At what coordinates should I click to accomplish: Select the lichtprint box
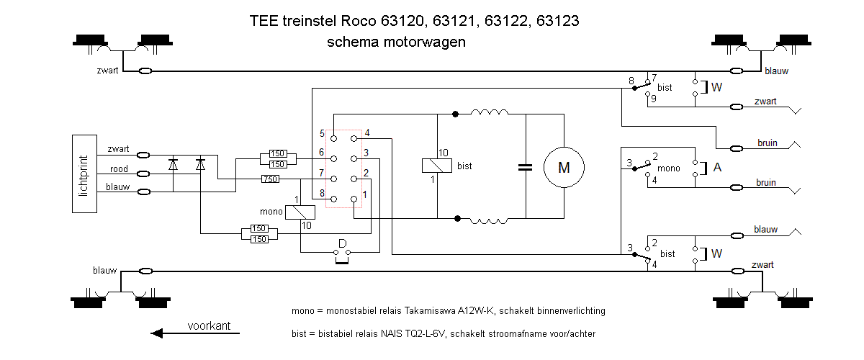tap(86, 174)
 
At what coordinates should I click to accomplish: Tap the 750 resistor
tap(271, 179)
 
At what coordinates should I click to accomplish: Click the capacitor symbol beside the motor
tap(526, 168)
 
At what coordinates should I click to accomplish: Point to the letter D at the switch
tap(342, 242)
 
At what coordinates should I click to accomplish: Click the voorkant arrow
tap(194, 333)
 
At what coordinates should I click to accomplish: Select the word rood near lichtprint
tap(119, 169)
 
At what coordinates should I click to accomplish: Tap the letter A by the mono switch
tap(717, 166)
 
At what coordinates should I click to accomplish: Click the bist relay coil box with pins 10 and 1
tap(437, 166)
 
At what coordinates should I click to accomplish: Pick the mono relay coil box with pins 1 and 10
tap(300, 212)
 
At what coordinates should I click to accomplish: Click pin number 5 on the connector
tap(323, 134)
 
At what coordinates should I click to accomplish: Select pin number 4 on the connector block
tap(367, 132)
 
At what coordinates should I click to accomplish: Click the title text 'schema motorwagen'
tap(396, 42)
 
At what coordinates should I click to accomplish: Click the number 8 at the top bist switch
tap(631, 80)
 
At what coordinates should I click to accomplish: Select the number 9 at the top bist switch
tap(653, 99)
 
